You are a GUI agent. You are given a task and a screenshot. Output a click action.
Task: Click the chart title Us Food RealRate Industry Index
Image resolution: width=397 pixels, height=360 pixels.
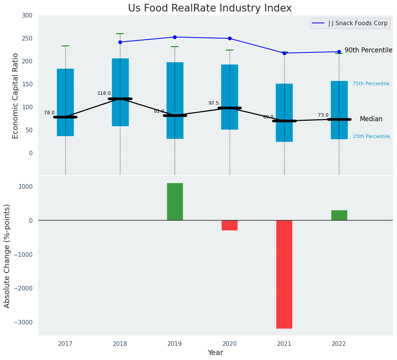click(x=210, y=8)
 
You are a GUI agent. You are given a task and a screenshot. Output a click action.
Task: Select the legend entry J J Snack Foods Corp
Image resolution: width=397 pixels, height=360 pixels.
click(x=358, y=23)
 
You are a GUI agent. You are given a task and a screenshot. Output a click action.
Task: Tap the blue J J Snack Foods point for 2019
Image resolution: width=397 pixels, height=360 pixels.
click(x=175, y=37)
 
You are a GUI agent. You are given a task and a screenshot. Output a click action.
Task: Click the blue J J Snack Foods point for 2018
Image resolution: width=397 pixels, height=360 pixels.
click(x=120, y=42)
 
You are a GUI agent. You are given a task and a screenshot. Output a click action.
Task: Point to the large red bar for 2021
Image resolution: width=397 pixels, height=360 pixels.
click(x=284, y=274)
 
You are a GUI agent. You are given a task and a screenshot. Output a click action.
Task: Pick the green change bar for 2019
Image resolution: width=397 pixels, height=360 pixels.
click(x=175, y=202)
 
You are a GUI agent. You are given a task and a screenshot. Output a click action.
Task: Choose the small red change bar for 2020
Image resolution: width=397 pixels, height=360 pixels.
click(x=230, y=225)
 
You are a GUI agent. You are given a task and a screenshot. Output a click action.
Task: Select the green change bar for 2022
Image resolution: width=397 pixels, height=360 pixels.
click(x=339, y=215)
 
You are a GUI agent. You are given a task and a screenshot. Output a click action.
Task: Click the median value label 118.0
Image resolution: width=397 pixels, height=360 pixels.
click(x=104, y=93)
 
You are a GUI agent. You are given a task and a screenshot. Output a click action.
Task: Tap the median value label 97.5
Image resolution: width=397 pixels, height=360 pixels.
click(x=214, y=103)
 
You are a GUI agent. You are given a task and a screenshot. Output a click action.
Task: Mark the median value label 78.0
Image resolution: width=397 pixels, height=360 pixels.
click(x=49, y=113)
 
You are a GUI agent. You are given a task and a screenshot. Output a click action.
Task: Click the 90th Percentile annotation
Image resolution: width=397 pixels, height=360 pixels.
click(x=368, y=50)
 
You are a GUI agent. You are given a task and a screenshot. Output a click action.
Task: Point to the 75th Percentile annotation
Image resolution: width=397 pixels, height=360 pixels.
click(x=371, y=84)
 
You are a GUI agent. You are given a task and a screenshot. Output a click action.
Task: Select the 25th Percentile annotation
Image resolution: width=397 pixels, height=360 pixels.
click(x=371, y=136)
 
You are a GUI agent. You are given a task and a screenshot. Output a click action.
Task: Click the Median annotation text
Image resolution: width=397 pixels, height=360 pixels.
click(x=371, y=119)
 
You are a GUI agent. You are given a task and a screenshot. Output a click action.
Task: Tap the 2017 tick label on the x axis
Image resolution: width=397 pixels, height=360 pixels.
click(x=65, y=344)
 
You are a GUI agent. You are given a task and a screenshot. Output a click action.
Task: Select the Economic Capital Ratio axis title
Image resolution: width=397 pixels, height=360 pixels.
click(x=16, y=96)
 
